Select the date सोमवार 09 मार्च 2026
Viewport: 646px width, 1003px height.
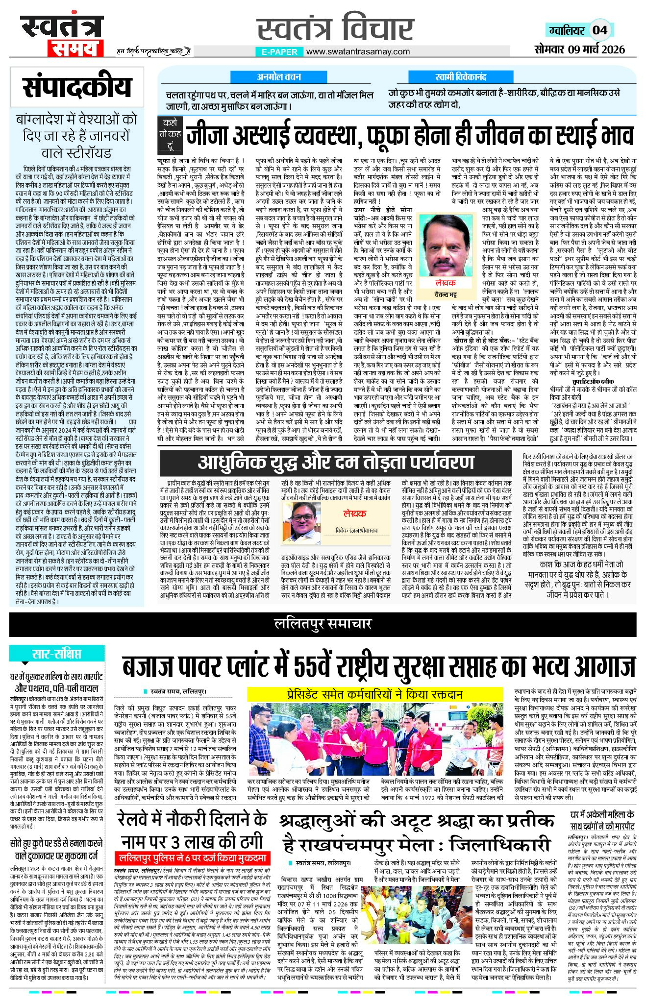point(580,49)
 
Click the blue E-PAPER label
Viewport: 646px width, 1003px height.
point(279,51)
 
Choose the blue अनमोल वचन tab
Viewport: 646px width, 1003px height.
point(280,77)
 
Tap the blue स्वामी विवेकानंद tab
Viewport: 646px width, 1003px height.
point(460,77)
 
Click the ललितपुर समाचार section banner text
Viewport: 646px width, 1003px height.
point(323,624)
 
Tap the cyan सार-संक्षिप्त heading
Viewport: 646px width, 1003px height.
point(57,654)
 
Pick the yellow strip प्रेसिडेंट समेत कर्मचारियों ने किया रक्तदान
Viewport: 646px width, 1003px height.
point(374,694)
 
